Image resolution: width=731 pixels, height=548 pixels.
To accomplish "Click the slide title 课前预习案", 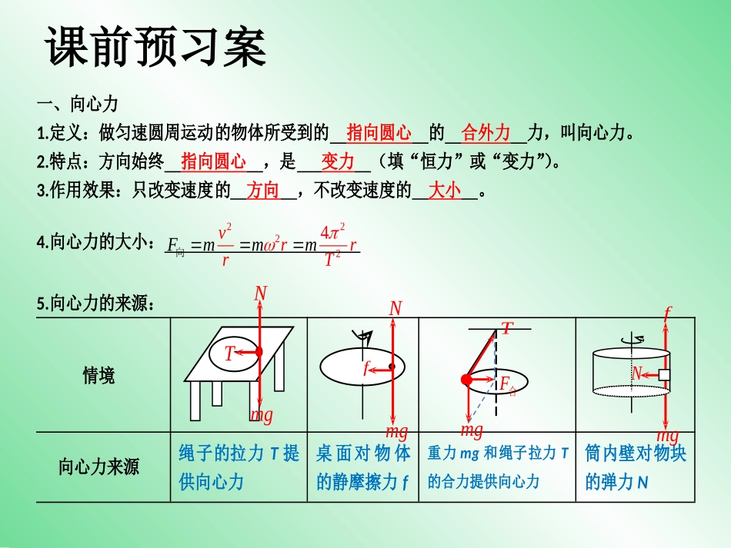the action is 155,47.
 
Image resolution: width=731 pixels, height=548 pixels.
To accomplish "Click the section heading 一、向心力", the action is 78,103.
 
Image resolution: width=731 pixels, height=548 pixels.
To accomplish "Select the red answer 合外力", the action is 486,133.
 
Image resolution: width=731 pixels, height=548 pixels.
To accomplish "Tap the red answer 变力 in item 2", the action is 338,161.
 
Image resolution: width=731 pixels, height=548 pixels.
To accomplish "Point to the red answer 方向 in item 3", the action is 263,191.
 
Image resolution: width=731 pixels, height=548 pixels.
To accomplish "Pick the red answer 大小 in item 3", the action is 445,191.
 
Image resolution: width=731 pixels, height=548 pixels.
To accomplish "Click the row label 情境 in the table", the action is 98,375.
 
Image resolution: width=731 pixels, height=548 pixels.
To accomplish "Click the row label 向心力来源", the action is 98,467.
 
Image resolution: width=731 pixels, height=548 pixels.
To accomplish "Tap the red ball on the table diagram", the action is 259,351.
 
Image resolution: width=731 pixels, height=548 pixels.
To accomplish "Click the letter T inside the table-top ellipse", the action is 229,354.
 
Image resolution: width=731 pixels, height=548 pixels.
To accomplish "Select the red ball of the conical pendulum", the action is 466,380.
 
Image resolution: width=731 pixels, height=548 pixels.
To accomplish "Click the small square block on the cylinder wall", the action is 664,375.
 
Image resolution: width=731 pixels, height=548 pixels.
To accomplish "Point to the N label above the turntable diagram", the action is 396,308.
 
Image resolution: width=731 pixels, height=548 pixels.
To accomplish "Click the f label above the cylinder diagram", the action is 668,313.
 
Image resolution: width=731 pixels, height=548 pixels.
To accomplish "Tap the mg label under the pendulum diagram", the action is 472,430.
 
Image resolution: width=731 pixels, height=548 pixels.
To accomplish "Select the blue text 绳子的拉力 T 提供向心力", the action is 239,467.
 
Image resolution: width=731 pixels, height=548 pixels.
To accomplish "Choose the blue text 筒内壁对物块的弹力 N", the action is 636,467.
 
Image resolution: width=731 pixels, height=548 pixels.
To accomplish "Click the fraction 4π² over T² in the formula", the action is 333,245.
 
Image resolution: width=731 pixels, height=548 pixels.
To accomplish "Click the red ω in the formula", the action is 270,245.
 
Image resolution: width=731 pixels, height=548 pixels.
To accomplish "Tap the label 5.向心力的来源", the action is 95,303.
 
